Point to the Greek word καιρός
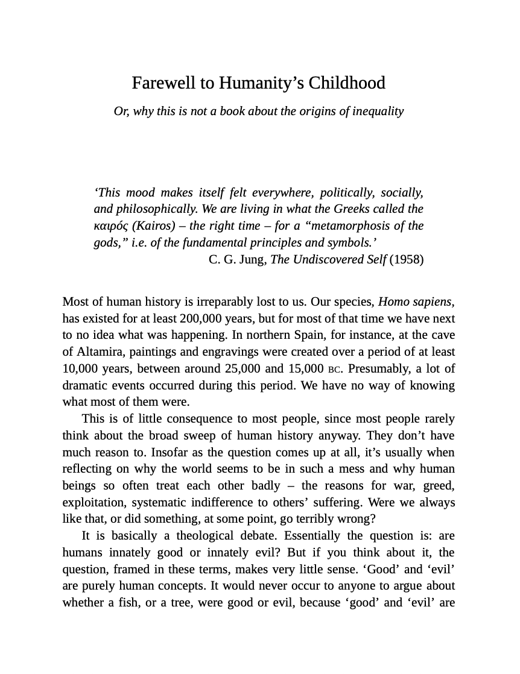coord(110,226)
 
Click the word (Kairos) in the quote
coord(153,226)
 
